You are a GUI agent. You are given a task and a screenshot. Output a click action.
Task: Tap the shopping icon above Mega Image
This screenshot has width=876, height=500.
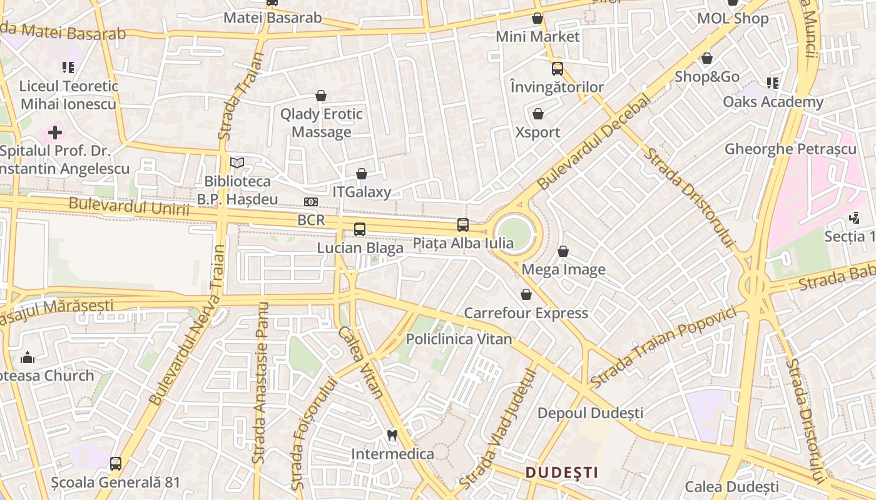click(563, 251)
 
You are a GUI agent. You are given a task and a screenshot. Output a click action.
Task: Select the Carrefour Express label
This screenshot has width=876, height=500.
click(526, 313)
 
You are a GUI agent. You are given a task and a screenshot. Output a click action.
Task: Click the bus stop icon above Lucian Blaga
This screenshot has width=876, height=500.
click(359, 229)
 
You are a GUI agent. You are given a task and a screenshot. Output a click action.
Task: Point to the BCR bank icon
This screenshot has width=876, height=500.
click(311, 202)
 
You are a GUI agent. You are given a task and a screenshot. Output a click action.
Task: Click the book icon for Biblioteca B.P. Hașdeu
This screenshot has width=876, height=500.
click(237, 163)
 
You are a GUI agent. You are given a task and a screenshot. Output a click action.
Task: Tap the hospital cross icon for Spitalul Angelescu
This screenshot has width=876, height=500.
click(55, 132)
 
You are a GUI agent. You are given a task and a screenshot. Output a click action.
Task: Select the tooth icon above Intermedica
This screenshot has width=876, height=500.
click(392, 435)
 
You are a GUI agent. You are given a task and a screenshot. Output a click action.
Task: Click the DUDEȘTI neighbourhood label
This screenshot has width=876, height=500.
click(561, 472)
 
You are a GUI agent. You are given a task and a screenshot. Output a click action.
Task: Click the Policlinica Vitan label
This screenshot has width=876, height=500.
click(459, 339)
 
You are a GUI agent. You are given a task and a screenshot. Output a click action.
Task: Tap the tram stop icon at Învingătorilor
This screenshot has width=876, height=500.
click(557, 69)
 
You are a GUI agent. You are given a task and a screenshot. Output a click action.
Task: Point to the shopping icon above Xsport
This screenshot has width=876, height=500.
click(537, 114)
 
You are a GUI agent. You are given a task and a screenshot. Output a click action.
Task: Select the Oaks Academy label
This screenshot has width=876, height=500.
click(773, 102)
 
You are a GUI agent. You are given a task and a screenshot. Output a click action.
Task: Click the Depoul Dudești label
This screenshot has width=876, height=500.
click(590, 413)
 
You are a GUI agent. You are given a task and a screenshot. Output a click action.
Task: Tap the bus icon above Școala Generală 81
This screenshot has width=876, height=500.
click(116, 464)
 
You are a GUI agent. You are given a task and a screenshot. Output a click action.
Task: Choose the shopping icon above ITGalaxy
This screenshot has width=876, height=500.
click(362, 174)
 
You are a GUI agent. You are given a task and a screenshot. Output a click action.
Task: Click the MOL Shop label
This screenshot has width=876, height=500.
click(733, 19)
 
